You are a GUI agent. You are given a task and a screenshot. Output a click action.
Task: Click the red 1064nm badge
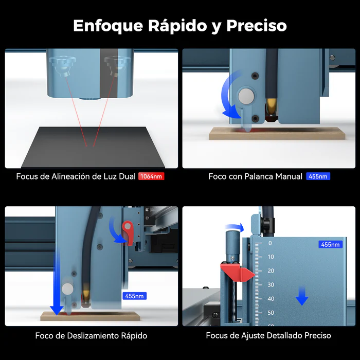pos(151,176)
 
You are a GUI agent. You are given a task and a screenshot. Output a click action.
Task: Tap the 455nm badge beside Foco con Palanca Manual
pos(318,176)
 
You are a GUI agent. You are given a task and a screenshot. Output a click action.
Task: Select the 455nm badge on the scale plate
pos(330,244)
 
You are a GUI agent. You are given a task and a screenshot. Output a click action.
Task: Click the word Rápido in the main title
pos(177,26)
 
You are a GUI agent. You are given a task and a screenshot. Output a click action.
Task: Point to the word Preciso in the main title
pos(257,26)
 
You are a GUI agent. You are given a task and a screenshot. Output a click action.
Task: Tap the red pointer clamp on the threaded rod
pos(238,272)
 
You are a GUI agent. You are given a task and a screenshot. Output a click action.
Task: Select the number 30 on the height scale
pos(271,285)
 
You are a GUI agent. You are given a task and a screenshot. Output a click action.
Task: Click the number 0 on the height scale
pos(270,243)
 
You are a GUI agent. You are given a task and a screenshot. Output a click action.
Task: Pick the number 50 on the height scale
pos(271,313)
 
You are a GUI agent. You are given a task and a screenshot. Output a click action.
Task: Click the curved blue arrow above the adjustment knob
pos(234,227)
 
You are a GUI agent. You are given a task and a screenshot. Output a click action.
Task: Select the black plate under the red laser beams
pos(93,147)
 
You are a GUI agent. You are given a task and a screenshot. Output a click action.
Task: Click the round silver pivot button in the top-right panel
pos(246,96)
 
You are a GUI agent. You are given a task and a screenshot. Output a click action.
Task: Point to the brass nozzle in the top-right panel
pos(271,106)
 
